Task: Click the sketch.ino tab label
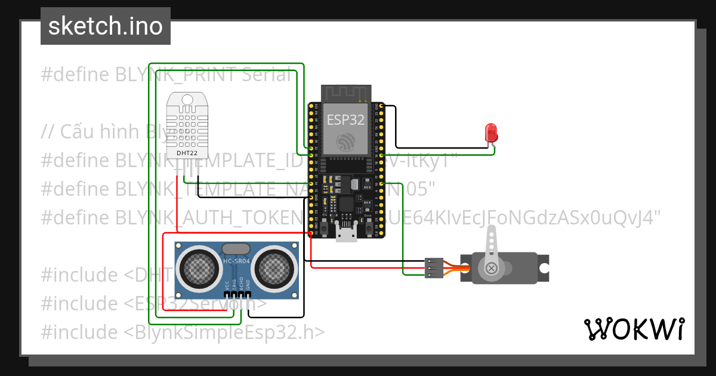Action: point(105,26)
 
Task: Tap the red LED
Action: point(491,131)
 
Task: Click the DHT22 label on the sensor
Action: point(187,152)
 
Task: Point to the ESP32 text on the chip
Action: point(345,119)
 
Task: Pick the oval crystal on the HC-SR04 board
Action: point(236,248)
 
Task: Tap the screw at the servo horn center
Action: point(491,268)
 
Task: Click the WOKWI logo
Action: point(634,329)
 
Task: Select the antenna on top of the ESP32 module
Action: point(346,93)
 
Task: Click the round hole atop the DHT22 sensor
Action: point(187,99)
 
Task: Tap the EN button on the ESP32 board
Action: point(323,229)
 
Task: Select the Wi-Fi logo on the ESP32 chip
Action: point(346,142)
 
